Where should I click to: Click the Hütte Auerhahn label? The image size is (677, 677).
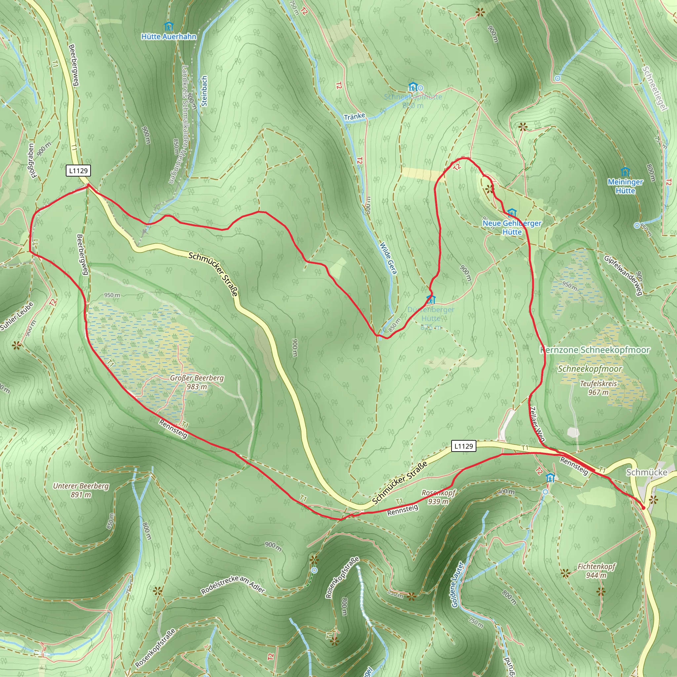point(169,36)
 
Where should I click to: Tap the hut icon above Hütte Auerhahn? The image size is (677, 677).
point(169,26)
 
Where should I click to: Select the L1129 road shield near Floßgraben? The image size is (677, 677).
point(78,171)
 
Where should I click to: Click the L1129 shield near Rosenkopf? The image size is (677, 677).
point(463,446)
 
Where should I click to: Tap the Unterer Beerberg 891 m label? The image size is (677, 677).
point(81,490)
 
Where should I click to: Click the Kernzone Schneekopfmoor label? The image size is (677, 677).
point(595,350)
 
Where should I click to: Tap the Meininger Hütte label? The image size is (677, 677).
point(625,186)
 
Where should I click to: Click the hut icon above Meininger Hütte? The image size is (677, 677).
point(625,172)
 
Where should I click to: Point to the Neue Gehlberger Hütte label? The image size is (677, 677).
point(512,227)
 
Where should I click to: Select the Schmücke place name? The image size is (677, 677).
point(647,472)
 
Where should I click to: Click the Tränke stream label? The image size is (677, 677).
point(354,116)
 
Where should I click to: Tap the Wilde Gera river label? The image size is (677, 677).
point(389,258)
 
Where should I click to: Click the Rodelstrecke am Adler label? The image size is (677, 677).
point(233,584)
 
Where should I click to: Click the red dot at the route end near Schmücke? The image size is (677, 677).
point(643,508)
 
